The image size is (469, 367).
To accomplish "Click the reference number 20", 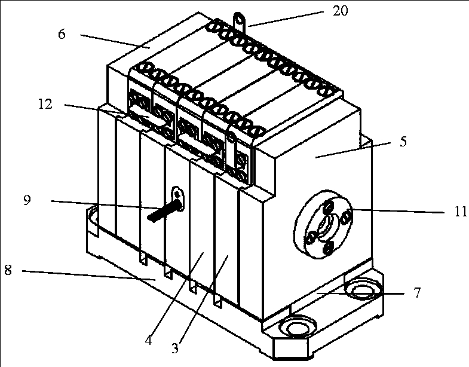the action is (341, 11).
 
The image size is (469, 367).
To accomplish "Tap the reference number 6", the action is (62, 34).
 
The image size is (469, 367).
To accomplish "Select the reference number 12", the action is (45, 104).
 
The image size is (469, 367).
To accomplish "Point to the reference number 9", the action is (27, 200).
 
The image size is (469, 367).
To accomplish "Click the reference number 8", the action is (8, 270).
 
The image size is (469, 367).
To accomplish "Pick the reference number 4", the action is (149, 340).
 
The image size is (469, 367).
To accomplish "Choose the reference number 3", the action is (175, 348).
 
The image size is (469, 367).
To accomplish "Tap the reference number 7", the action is (417, 292).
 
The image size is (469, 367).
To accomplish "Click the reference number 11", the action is (460, 212).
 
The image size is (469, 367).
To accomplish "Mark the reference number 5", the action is (403, 141).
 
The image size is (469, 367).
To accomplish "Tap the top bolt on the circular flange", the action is (329, 207).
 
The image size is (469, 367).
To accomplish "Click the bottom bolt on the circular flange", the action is (329, 247).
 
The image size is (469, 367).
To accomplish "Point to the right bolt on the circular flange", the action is (346, 216).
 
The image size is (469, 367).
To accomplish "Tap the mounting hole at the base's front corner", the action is (298, 327).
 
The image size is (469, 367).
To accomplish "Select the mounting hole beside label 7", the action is (363, 288).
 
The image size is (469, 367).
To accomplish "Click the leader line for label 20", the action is (286, 19).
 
